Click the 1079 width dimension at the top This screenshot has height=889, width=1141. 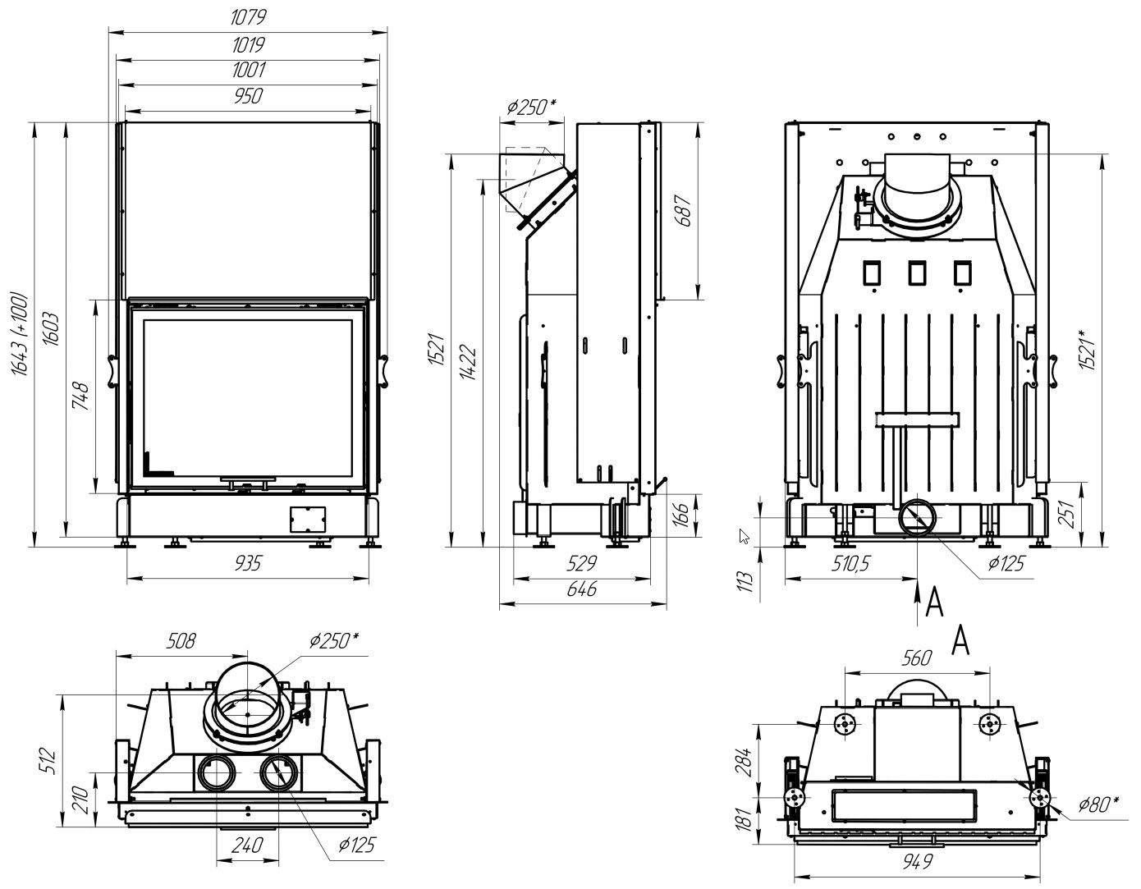click(x=250, y=17)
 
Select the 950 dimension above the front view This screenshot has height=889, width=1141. click(x=248, y=97)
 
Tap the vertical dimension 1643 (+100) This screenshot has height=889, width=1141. click(x=21, y=333)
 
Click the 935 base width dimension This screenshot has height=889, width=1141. click(x=249, y=563)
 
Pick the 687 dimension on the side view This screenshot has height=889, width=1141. click(x=684, y=211)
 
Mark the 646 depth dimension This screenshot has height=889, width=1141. click(x=581, y=589)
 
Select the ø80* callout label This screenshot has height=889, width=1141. click(x=1097, y=804)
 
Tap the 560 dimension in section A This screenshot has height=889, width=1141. click(x=916, y=658)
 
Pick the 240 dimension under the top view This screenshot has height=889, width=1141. click(x=247, y=845)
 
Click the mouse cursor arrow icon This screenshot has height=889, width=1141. click(x=745, y=537)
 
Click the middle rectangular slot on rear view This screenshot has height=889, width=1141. click(x=916, y=272)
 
